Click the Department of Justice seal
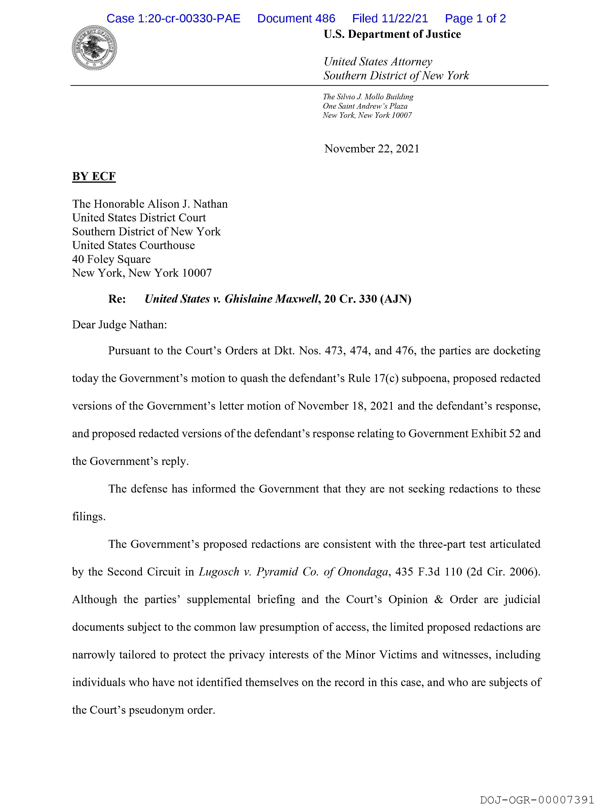pos(94,48)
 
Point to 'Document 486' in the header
pos(296,19)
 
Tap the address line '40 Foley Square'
pos(111,259)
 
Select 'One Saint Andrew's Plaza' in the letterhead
pos(365,106)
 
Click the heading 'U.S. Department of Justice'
pos(392,34)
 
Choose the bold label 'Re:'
pos(117,299)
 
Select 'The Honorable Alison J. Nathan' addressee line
pos(150,204)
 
